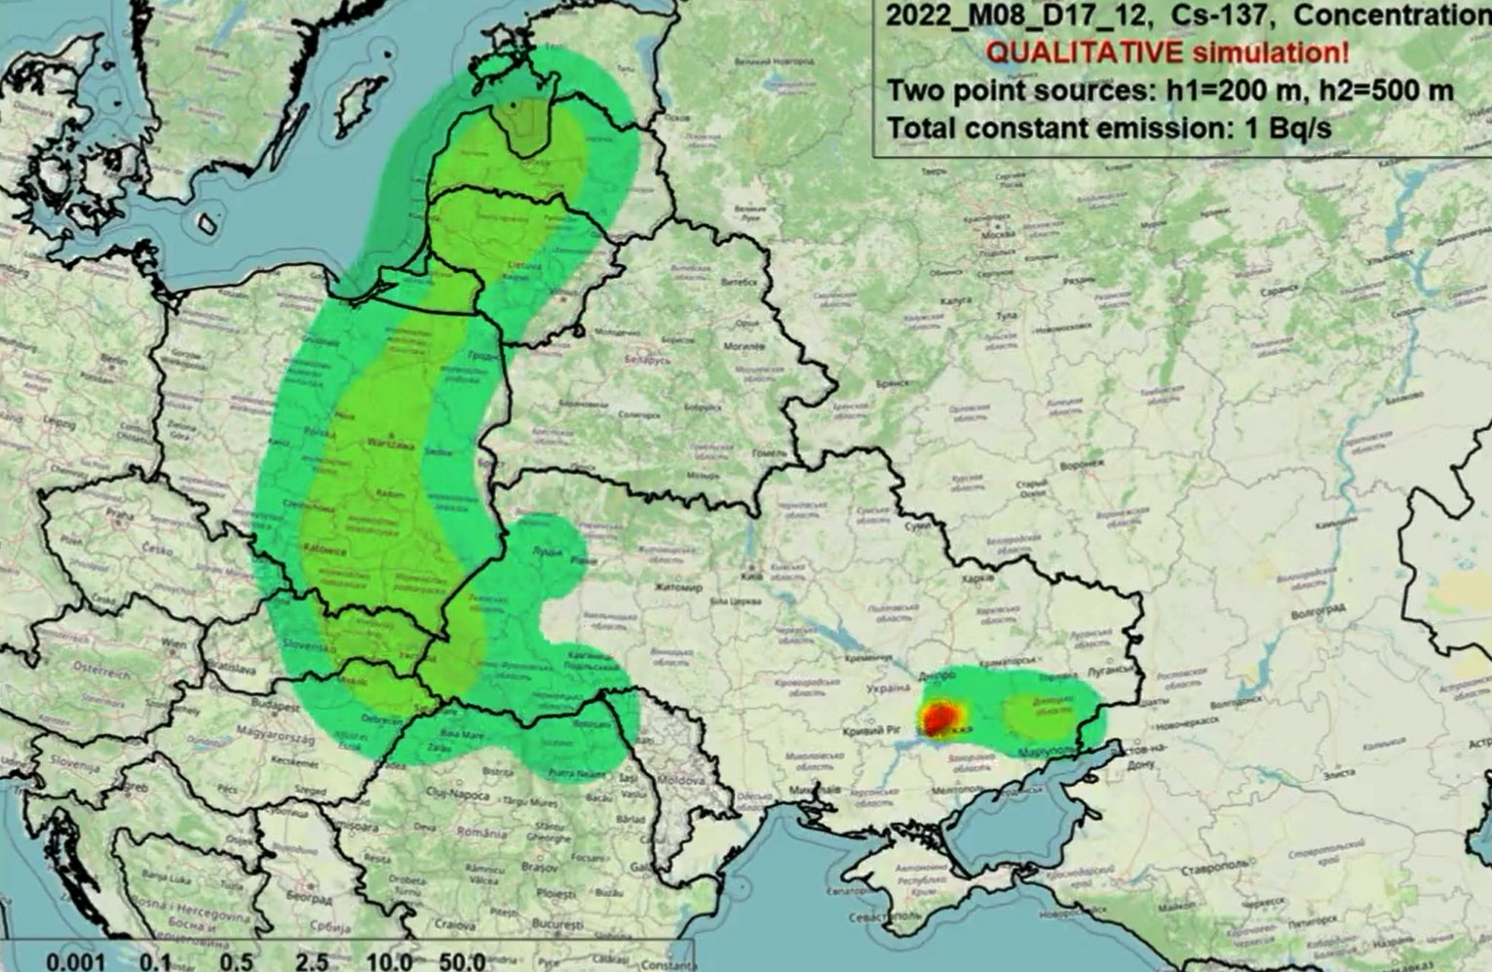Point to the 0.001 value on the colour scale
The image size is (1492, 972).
[75, 961]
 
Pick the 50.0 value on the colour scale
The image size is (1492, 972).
[462, 961]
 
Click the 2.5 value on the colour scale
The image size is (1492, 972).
[311, 961]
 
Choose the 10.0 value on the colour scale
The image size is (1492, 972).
[389, 961]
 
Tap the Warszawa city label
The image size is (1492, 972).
[390, 445]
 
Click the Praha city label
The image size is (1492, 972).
[120, 514]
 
